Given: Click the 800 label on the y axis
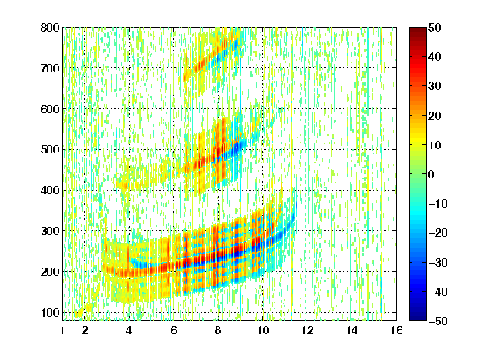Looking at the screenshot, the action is (50, 27).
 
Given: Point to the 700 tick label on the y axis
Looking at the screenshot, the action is (50, 68).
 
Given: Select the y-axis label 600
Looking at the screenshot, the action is (50, 109).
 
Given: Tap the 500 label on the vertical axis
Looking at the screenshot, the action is (50, 150).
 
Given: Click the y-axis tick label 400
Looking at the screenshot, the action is (50, 191).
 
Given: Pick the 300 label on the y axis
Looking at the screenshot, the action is (50, 231).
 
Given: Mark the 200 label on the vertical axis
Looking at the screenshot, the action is (50, 272).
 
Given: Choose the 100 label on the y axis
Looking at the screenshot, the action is (50, 312).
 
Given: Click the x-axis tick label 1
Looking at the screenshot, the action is (62, 330).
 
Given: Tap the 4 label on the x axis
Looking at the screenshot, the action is (129, 330).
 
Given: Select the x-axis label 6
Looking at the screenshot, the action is (173, 330).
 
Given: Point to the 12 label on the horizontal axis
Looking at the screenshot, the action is (307, 330).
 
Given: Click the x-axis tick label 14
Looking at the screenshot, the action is (352, 330).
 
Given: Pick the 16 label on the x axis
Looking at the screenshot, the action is (397, 330).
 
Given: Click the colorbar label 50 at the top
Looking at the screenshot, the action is (435, 27).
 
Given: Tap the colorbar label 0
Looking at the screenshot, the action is (432, 174).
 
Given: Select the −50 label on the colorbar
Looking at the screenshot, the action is (438, 321).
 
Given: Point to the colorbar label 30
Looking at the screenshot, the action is (435, 87).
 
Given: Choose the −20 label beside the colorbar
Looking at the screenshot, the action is (438, 233).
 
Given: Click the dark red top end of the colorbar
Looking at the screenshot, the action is (417, 30).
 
